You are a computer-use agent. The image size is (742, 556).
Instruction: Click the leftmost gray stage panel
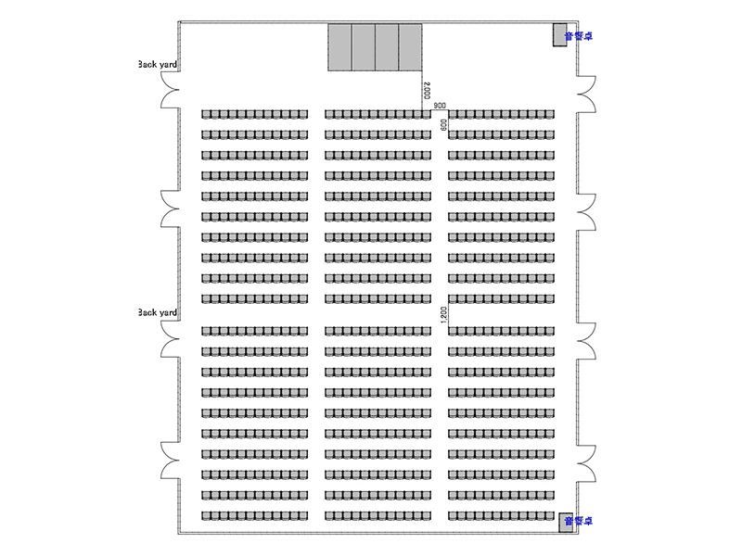pyautogui.click(x=340, y=47)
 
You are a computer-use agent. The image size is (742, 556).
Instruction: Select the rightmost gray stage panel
pyautogui.click(x=411, y=47)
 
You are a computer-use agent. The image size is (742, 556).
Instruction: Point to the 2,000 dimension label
pyautogui.click(x=426, y=91)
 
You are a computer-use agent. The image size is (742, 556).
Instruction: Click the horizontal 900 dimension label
pyautogui.click(x=440, y=107)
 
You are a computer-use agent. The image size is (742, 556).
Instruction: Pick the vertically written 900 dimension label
pyautogui.click(x=444, y=123)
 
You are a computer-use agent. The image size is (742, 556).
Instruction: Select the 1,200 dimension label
pyautogui.click(x=444, y=314)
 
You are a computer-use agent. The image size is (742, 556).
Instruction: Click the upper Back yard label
pyautogui.click(x=157, y=65)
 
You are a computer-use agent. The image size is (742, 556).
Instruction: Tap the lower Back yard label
pyautogui.click(x=157, y=313)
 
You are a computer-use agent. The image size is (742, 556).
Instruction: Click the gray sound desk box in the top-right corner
pyautogui.click(x=560, y=35)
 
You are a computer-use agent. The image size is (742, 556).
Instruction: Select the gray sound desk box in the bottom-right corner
pyautogui.click(x=565, y=522)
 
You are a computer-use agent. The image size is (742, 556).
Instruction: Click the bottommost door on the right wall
pyautogui.click(x=586, y=461)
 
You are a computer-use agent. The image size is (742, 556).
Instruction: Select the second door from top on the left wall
pyautogui.click(x=171, y=209)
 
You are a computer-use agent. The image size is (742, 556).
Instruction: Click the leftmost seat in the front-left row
pyautogui.click(x=206, y=114)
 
